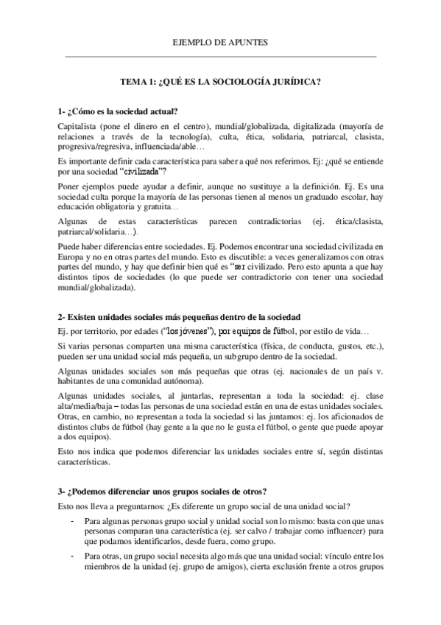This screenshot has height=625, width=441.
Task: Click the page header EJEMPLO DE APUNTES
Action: pos(220,43)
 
